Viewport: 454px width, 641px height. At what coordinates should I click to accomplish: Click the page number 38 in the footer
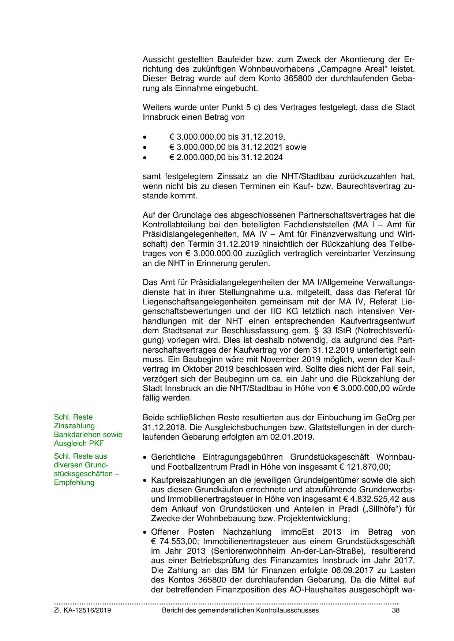(x=395, y=610)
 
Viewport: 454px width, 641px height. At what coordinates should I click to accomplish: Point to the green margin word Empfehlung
(x=74, y=482)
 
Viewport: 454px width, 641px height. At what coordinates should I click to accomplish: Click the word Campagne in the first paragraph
(x=339, y=69)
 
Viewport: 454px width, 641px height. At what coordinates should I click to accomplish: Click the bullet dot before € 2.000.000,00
(x=145, y=158)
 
